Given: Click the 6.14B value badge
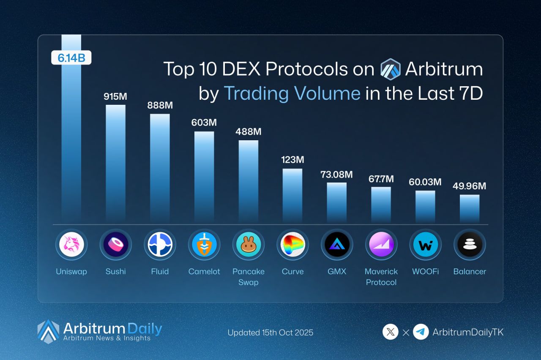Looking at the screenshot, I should [x=71, y=58].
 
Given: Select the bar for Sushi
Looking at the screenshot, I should [x=115, y=163].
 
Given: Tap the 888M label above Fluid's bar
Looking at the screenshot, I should [x=160, y=105].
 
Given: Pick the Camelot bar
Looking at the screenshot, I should [x=204, y=176].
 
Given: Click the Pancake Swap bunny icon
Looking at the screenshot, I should [x=248, y=244].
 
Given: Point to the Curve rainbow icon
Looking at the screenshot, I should [x=292, y=244].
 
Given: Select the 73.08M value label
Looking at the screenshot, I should [x=336, y=174].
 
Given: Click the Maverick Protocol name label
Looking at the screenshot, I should [x=381, y=277].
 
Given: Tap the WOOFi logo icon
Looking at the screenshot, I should [x=425, y=244].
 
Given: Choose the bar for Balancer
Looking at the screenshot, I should [x=470, y=208].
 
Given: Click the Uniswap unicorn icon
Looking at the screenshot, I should [x=71, y=244].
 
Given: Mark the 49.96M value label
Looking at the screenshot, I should [x=469, y=186].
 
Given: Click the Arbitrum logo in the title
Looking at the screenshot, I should [x=390, y=69].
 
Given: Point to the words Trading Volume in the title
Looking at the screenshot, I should [x=292, y=93].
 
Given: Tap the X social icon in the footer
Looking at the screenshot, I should [x=391, y=332].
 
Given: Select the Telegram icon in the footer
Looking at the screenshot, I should [x=421, y=332].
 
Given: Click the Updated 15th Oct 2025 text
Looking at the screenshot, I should [x=270, y=333].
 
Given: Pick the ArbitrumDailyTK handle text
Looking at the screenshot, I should [x=468, y=333].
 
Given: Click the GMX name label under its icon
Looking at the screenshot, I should [x=336, y=272].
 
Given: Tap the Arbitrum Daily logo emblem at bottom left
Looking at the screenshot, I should [x=48, y=331].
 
